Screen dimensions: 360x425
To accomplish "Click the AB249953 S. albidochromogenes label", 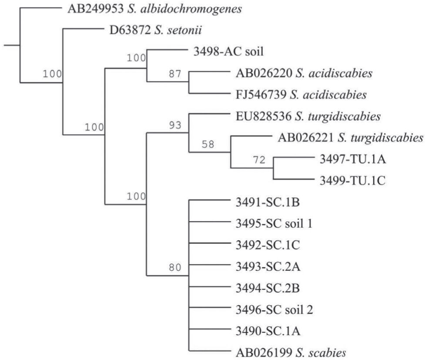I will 154,9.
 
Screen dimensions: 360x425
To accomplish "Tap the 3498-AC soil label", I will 229,52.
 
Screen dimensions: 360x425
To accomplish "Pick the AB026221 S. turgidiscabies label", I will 350,138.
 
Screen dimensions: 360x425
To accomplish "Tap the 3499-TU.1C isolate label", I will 349,180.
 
